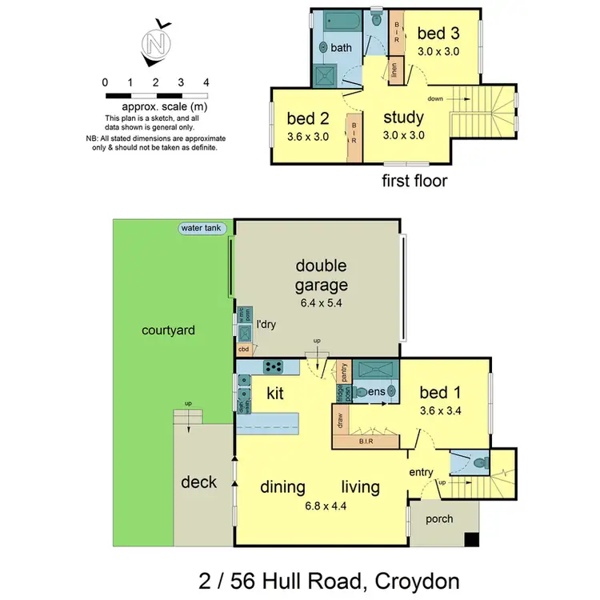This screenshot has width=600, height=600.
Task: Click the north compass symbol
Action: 154,42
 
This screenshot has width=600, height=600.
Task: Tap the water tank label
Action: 203,228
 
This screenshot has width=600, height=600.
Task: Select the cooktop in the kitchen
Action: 274,367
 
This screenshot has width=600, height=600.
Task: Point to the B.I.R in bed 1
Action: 368,441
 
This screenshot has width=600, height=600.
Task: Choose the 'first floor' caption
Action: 414,181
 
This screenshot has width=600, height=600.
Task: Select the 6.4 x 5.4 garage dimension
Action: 321,305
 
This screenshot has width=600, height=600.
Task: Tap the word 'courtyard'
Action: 169,330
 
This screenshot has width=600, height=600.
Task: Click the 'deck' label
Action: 199,482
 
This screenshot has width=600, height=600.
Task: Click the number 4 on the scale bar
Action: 206,82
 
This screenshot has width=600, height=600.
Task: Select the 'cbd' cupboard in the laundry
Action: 243,350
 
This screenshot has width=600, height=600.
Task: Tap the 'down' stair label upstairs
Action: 435,98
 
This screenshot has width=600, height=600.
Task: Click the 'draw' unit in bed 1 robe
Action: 339,421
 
